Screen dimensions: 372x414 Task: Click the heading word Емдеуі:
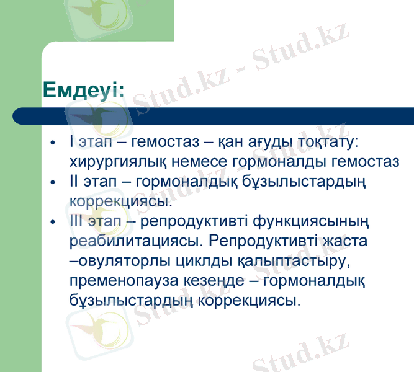pyautogui.click(x=83, y=89)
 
